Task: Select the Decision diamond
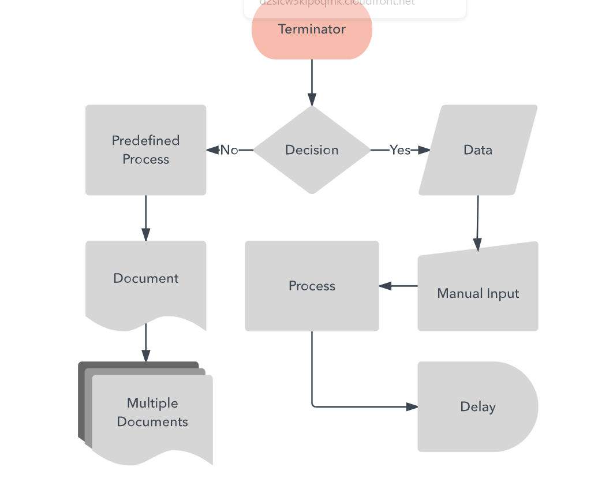coord(312,150)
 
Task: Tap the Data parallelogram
coord(478,150)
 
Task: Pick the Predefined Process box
coord(145,150)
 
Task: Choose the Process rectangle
coord(312,286)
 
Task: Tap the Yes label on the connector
coord(400,150)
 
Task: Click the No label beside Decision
coord(229,150)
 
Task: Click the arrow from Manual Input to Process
coord(398,286)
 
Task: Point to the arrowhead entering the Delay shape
coord(412,407)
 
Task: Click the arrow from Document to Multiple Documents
coord(145,343)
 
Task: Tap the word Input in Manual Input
coord(503,293)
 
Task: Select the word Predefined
coord(145,140)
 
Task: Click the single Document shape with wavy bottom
coord(145,283)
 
